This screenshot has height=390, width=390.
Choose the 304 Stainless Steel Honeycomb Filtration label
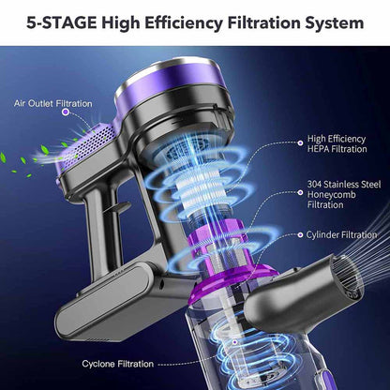pos(338,194)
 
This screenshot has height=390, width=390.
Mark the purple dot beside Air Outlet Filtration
pos(65,112)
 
